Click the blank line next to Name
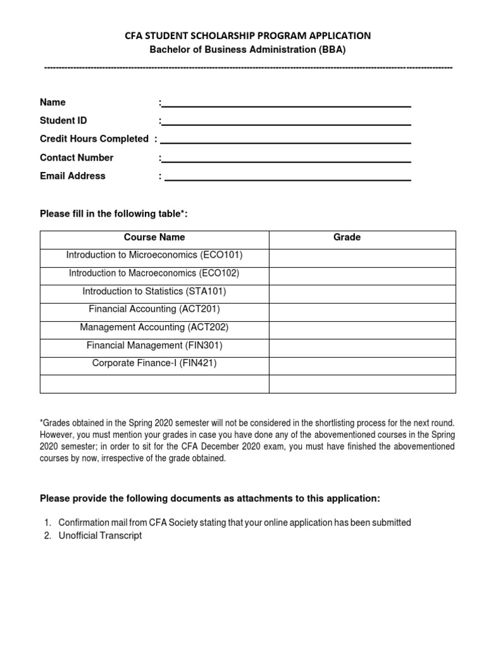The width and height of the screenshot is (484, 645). point(287,104)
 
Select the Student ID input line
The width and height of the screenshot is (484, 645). point(287,122)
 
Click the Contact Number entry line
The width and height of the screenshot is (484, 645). point(287,159)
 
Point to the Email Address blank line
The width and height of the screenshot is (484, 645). point(288,177)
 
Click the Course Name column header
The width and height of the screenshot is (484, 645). point(154,237)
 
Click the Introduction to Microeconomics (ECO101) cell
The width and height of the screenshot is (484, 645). point(154,255)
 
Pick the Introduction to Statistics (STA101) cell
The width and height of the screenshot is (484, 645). point(154,292)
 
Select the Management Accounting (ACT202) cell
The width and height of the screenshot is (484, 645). point(154,328)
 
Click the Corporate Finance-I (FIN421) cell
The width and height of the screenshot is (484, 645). point(154,363)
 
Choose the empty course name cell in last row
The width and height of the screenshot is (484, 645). point(154,384)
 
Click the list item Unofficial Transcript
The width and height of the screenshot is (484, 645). point(100,535)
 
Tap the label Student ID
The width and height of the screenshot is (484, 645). point(64,120)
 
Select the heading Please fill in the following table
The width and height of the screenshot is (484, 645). point(114,215)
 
